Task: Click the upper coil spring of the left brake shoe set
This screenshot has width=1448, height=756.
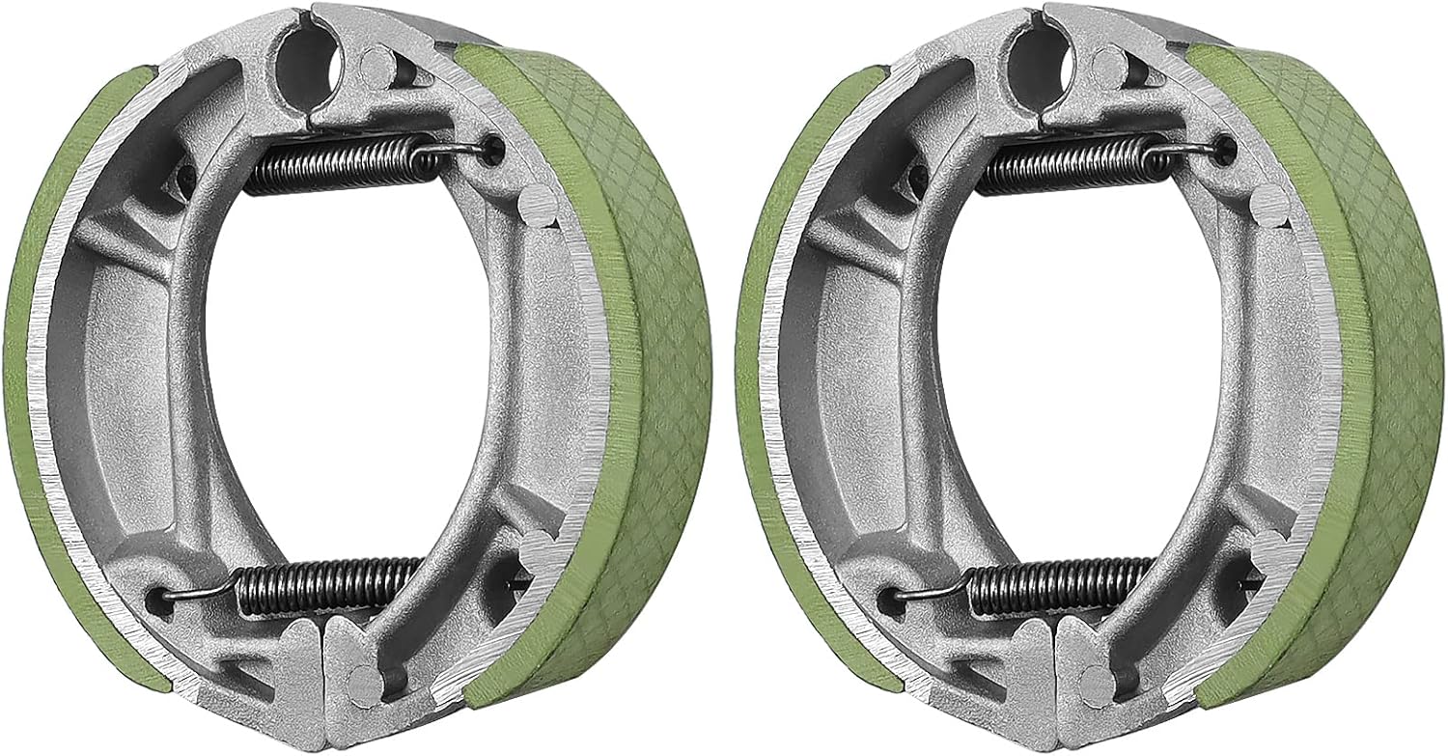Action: tap(333, 164)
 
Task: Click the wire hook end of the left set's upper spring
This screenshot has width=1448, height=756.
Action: tap(463, 147)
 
